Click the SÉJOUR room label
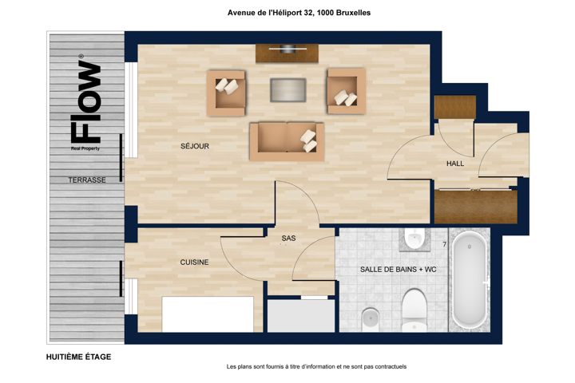195,146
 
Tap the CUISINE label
194,262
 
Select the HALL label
455,164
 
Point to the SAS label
288,239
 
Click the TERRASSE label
87,180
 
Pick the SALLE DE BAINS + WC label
399,270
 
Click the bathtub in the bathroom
470,280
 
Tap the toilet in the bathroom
414,310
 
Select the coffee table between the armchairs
288,90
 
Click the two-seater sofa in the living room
287,142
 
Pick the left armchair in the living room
226,93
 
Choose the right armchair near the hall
346,91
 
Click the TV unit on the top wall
287,53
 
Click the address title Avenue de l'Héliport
299,13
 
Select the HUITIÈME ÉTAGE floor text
78,357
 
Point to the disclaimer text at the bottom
316,366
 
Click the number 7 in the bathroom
445,244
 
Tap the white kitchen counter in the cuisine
208,314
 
